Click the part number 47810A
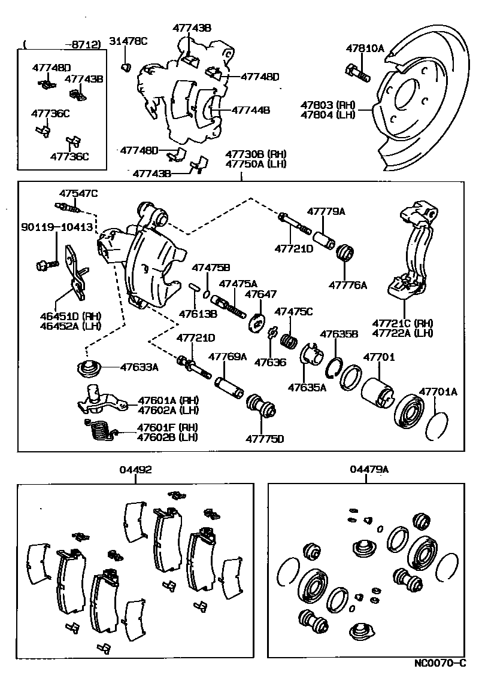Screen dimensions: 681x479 (365, 49)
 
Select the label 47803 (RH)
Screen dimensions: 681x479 (328, 104)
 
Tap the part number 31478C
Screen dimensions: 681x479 (128, 41)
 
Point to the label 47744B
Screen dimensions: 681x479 (251, 110)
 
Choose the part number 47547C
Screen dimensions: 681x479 (78, 193)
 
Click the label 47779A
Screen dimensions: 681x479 (327, 211)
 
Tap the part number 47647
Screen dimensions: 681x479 (261, 294)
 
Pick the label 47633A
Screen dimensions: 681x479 (139, 367)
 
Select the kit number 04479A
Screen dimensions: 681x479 (369, 470)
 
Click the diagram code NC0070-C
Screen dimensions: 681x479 (439, 664)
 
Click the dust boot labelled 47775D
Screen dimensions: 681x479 (262, 408)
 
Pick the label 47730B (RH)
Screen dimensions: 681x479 (256, 154)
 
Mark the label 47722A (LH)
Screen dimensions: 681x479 (402, 333)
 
